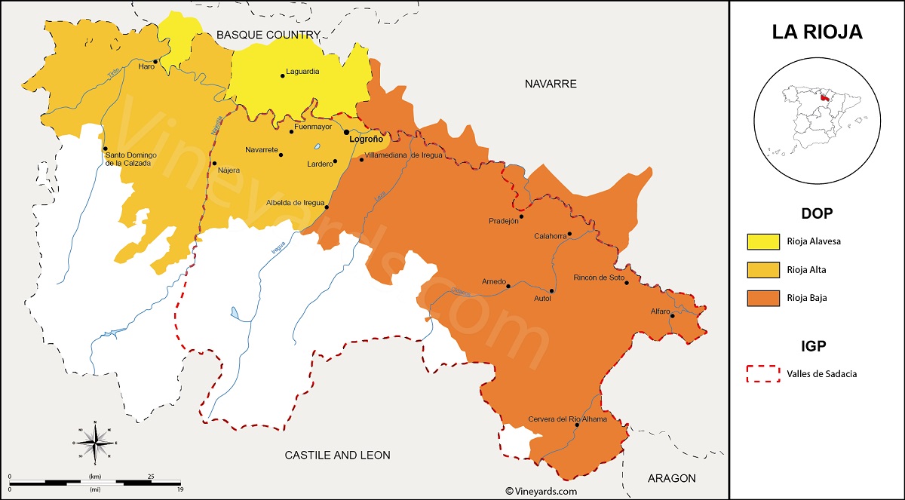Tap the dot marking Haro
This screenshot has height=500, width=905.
coord(155,62)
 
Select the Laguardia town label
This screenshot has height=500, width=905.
coord(303,72)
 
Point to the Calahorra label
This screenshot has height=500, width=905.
coord(550,236)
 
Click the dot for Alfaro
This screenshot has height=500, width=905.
coord(671,316)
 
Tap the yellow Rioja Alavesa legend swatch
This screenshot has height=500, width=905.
coord(763,241)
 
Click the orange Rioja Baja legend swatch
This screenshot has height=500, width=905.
coord(763,299)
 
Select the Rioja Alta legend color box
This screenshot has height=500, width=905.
coord(763,270)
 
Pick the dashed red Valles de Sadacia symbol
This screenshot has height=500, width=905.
coord(763,373)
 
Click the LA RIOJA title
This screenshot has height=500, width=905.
coord(817,32)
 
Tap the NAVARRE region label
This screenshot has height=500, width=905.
coord(551,84)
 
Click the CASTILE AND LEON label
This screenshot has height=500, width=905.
coord(337,455)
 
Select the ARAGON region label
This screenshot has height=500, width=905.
coord(671,478)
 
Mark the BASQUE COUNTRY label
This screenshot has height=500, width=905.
coord(268,35)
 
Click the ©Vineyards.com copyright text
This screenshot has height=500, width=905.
coord(541,491)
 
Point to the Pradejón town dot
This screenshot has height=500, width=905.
coord(521,216)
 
